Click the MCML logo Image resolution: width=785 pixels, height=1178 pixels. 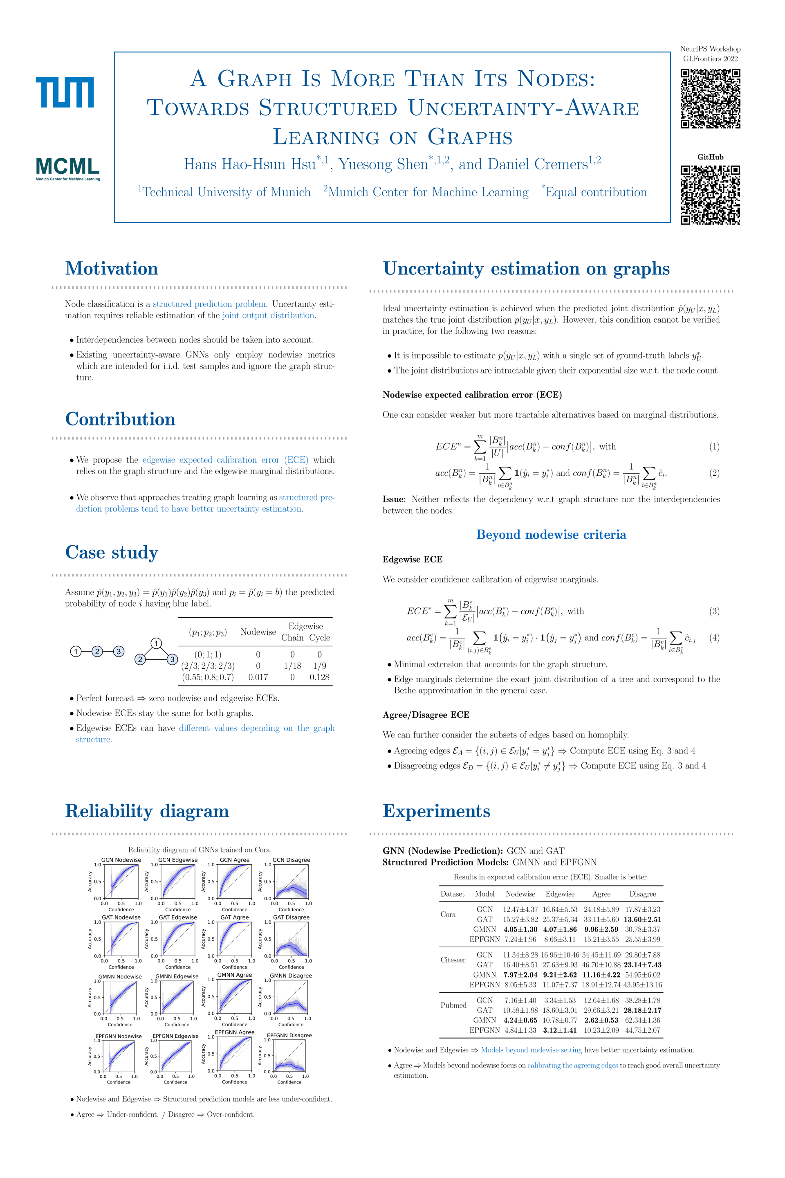[x=67, y=168]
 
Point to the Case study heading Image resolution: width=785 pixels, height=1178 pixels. [x=112, y=553]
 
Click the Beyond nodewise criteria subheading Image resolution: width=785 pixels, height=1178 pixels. [x=551, y=535]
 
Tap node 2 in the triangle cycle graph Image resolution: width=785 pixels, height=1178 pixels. [x=140, y=659]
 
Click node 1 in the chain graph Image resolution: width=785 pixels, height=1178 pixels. [x=76, y=651]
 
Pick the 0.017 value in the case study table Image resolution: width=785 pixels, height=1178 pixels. [x=258, y=677]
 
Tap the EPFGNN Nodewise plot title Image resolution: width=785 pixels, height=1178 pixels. [x=119, y=1036]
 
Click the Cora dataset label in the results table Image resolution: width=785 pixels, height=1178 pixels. [x=448, y=914]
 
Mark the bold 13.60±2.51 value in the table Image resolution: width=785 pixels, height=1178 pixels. [x=642, y=919]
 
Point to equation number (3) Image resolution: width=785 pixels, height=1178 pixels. [x=714, y=611]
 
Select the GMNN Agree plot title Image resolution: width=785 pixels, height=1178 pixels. [x=234, y=975]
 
